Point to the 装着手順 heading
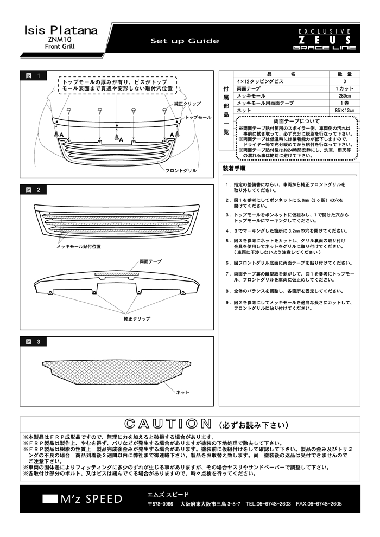coord(234,168)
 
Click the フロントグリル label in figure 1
coord(182,171)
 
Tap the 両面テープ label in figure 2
coord(150,261)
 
